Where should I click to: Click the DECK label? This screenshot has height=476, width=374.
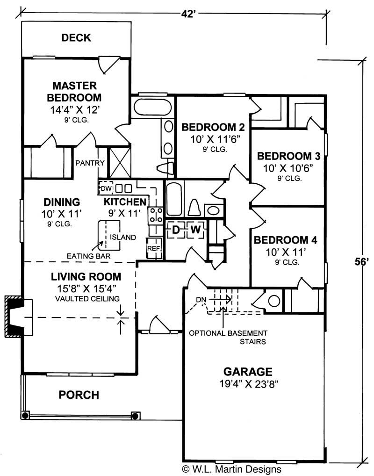(x=76, y=38)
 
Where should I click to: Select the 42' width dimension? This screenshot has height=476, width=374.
(x=187, y=13)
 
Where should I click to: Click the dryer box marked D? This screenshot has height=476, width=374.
(x=176, y=230)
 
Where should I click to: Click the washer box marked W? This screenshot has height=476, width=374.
(x=195, y=230)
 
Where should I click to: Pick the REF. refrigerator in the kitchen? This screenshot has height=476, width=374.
(x=154, y=248)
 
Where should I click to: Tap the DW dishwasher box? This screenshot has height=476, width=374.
(x=106, y=188)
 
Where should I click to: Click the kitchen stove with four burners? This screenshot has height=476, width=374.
(x=156, y=216)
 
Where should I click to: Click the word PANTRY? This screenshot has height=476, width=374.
(x=90, y=163)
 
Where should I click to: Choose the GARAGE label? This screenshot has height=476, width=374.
(x=247, y=372)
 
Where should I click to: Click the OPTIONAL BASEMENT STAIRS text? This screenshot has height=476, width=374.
(x=228, y=337)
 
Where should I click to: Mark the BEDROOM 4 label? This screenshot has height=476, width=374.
(x=285, y=241)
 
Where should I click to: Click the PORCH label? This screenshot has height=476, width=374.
(x=79, y=395)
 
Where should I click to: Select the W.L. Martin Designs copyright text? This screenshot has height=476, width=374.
(x=232, y=469)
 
